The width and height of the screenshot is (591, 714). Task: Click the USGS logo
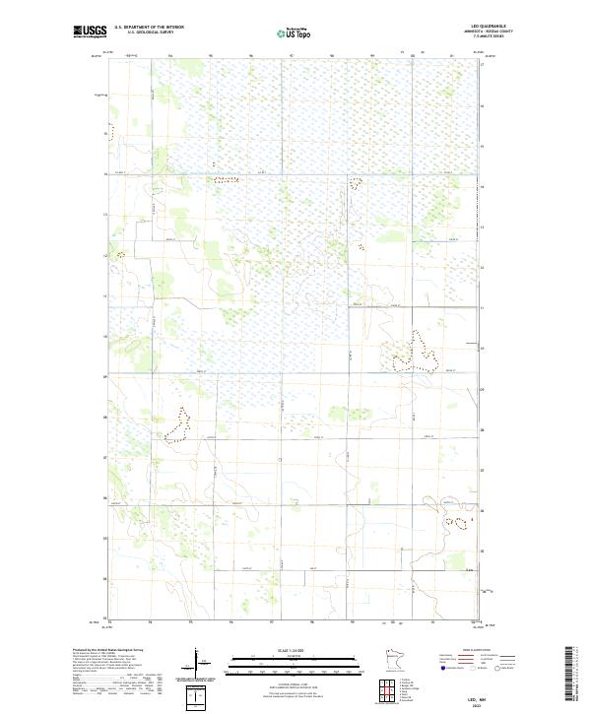point(91,32)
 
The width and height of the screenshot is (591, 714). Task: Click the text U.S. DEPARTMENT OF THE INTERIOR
point(149,28)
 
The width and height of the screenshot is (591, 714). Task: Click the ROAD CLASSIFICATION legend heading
point(476,651)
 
